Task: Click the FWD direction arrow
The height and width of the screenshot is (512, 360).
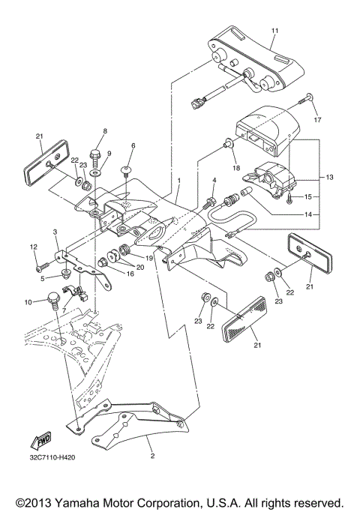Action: pyautogui.click(x=41, y=439)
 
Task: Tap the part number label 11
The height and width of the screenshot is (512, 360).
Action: pyautogui.click(x=274, y=31)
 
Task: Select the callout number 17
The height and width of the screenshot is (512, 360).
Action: pyautogui.click(x=317, y=120)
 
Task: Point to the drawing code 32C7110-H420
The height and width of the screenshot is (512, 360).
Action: pyautogui.click(x=52, y=457)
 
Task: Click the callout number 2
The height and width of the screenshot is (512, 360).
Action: pyautogui.click(x=152, y=457)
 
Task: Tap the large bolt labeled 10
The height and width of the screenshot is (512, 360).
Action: pyautogui.click(x=53, y=301)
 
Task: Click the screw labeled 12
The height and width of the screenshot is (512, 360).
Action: pyautogui.click(x=43, y=267)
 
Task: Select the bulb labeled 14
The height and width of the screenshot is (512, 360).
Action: pyautogui.click(x=246, y=192)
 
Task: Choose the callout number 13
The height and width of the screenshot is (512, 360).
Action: pyautogui.click(x=329, y=177)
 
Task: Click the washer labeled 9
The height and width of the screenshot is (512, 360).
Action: pyautogui.click(x=95, y=172)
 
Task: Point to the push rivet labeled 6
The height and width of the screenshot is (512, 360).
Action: pyautogui.click(x=126, y=172)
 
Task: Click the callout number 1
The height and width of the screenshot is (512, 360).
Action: pyautogui.click(x=179, y=180)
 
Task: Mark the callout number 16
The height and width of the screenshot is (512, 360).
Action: pyautogui.click(x=130, y=274)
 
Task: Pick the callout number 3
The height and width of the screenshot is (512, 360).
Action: pyautogui.click(x=55, y=232)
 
